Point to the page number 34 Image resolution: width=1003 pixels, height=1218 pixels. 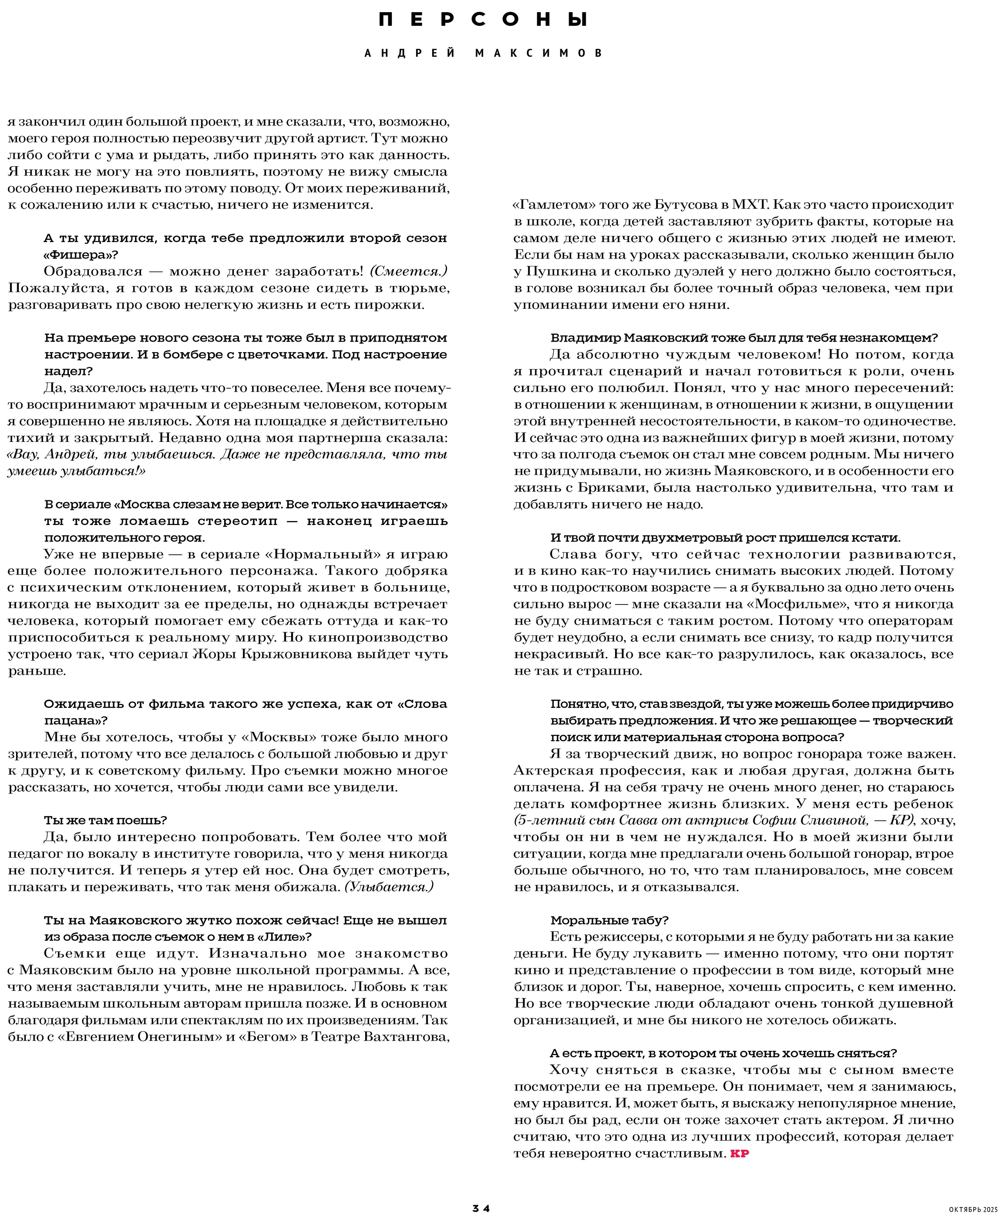click(481, 1207)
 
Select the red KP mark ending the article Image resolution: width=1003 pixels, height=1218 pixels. click(740, 1154)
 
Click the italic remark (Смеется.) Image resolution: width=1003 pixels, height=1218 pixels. click(409, 271)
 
